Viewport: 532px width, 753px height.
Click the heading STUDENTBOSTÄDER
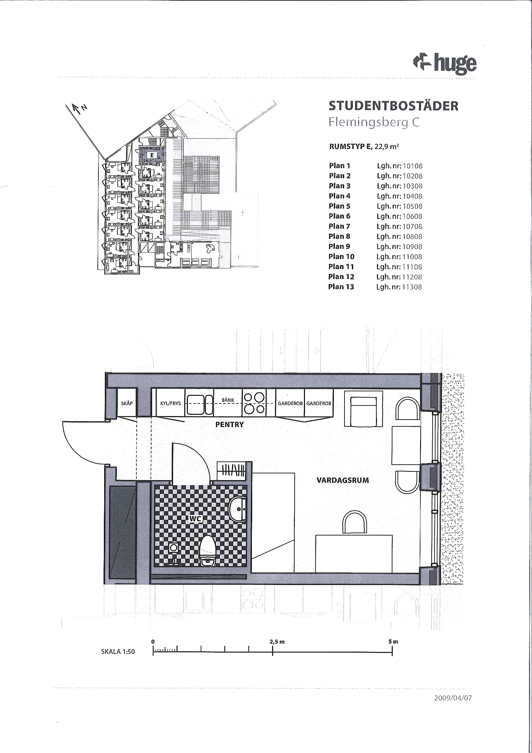tap(393, 106)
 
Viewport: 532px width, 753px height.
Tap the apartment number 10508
tap(412, 206)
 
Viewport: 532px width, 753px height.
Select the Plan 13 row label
tap(341, 287)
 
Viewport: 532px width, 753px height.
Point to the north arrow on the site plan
tap(78, 108)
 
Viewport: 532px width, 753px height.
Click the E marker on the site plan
tap(152, 155)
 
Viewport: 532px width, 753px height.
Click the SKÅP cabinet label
tap(127, 403)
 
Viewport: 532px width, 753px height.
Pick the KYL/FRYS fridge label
tap(170, 404)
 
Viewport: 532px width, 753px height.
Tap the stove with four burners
tap(254, 403)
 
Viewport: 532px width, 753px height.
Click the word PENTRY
tap(229, 424)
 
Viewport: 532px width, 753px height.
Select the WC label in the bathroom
tap(195, 518)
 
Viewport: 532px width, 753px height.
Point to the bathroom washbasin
tap(238, 509)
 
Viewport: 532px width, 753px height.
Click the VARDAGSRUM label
tap(343, 480)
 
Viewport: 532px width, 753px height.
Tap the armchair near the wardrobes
tap(363, 408)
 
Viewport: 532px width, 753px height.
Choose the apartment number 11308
tap(412, 287)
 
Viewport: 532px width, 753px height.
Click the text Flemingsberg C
tap(374, 123)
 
